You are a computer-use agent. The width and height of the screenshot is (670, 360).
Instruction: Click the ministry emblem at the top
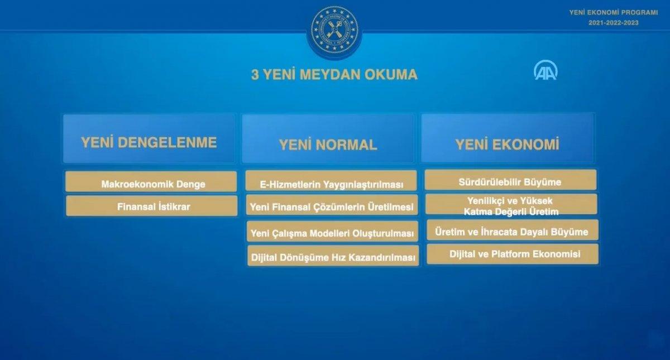pos(334,30)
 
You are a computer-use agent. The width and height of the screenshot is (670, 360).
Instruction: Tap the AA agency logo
pos(545,71)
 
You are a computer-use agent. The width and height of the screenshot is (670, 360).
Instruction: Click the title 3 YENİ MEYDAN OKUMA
pos(334,75)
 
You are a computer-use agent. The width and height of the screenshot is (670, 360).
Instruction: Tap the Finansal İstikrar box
pos(152,206)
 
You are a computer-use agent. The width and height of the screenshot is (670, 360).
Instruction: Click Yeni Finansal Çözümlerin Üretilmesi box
pos(332,206)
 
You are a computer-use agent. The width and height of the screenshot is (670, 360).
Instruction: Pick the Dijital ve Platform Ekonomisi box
pos(513,254)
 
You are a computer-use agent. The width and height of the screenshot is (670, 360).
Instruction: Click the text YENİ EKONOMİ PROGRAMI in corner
pos(613,12)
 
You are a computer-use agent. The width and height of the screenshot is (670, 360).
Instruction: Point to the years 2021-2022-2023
pos(613,23)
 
